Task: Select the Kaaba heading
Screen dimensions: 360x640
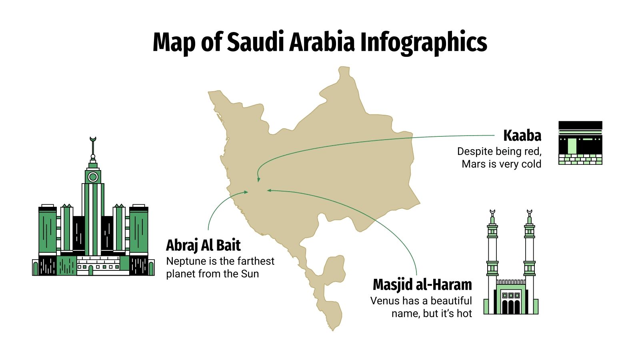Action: (522, 136)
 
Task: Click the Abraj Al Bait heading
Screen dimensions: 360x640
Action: (203, 245)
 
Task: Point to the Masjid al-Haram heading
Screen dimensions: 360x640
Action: (422, 284)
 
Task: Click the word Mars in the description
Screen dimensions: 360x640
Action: (474, 164)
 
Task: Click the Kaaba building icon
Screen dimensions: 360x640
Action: (580, 143)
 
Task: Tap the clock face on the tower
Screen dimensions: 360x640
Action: (93, 176)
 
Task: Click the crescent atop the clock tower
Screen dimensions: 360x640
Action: (93, 139)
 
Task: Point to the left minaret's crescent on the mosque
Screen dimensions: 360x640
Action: (492, 211)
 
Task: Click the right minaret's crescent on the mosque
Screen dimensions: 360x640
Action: (530, 211)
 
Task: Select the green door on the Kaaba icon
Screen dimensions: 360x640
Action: (572, 146)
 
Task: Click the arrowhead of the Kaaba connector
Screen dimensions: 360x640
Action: (259, 180)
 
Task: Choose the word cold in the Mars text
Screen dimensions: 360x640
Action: (530, 164)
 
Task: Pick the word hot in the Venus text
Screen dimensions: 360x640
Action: (464, 314)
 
